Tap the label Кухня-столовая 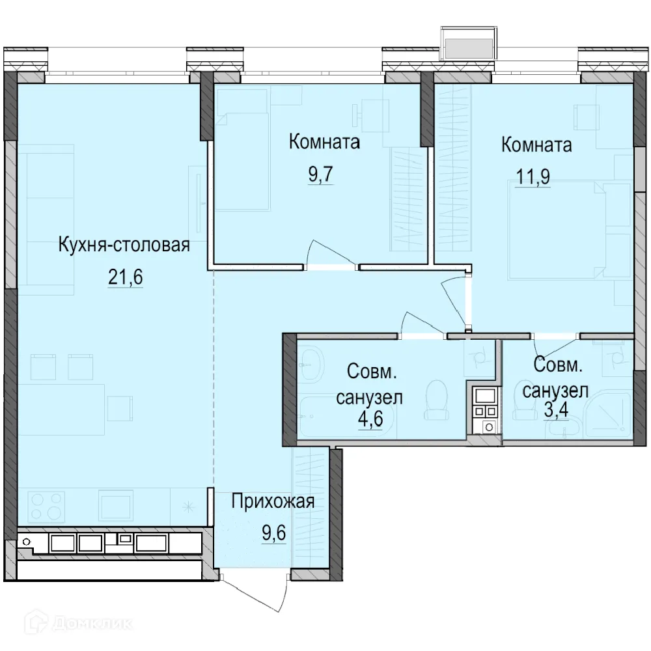124,245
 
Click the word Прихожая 273,501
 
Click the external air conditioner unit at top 467,45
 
